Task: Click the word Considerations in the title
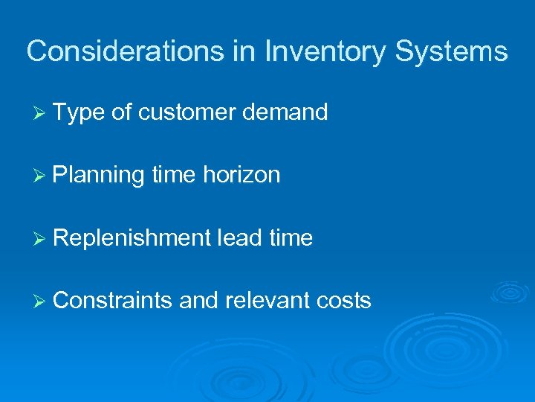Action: (x=106, y=51)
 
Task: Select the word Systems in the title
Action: (x=452, y=51)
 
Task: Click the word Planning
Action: (x=98, y=176)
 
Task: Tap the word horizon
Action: (x=241, y=176)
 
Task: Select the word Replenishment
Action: (x=132, y=238)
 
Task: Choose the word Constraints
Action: (x=112, y=301)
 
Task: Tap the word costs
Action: (x=343, y=301)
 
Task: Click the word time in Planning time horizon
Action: (x=172, y=176)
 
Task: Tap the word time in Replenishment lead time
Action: (x=292, y=238)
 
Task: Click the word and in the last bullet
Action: (x=197, y=301)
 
